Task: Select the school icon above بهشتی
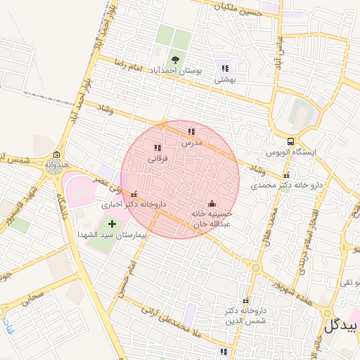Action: [225, 69]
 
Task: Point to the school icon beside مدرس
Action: [191, 131]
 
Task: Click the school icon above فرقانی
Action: [157, 148]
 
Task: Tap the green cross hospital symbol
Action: [112, 224]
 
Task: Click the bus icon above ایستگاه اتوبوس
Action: [291, 141]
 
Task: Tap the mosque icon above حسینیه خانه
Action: [212, 203]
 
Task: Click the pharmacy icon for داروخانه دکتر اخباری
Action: [134, 195]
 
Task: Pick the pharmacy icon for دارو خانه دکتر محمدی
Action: [285, 176]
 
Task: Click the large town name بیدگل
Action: [341, 326]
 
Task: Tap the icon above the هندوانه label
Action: [56, 155]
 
